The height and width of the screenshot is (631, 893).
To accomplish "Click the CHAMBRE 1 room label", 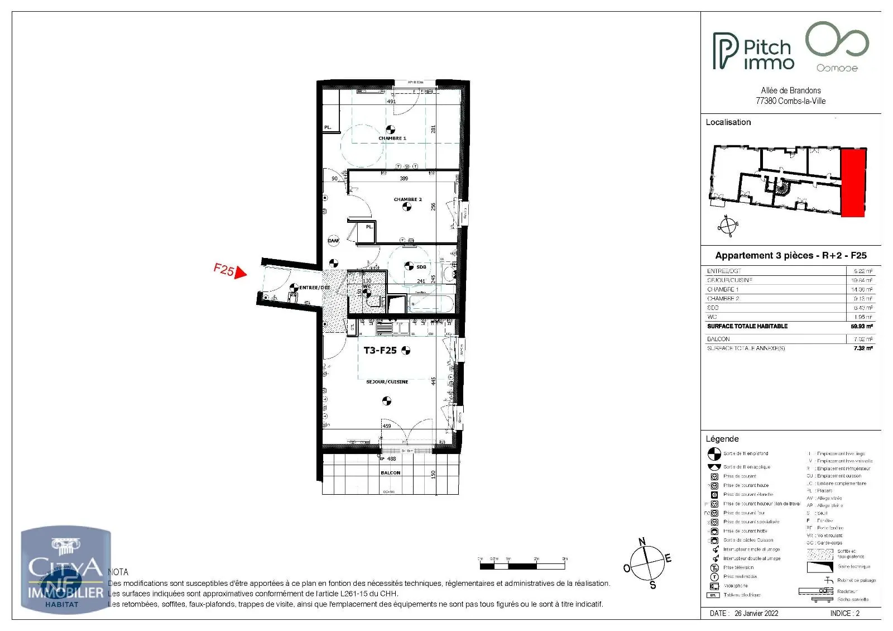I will pos(392,138).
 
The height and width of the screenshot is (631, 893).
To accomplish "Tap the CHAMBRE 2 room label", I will pos(407,199).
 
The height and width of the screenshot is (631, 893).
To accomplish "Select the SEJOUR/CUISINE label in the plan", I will pos(387,382).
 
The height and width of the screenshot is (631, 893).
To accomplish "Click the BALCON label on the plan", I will pos(391,473).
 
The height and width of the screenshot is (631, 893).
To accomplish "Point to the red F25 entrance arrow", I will pos(240,273).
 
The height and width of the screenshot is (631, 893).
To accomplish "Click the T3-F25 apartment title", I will pos(380,351).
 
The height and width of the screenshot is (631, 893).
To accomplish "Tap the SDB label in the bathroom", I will pos(421,267).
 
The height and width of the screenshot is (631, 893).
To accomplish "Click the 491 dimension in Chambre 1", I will pos(391,102).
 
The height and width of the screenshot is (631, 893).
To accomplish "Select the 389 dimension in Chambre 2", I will pos(404,179).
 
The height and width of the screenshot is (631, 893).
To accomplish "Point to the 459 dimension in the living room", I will pos(387,426).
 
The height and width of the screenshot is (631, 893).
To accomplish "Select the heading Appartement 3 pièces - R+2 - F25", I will pos(790,256).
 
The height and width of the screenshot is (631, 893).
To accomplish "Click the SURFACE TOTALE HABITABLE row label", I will pos(747,326).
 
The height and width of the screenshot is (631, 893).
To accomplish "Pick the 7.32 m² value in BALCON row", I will pos(862,340).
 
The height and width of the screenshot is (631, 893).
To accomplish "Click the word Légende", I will pos(722,439).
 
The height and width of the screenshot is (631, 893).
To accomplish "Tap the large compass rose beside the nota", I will pos(647,563).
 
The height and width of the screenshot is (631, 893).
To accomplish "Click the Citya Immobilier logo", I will pos(65,570).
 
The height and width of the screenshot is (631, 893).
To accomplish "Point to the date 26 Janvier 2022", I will pos(756,613).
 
